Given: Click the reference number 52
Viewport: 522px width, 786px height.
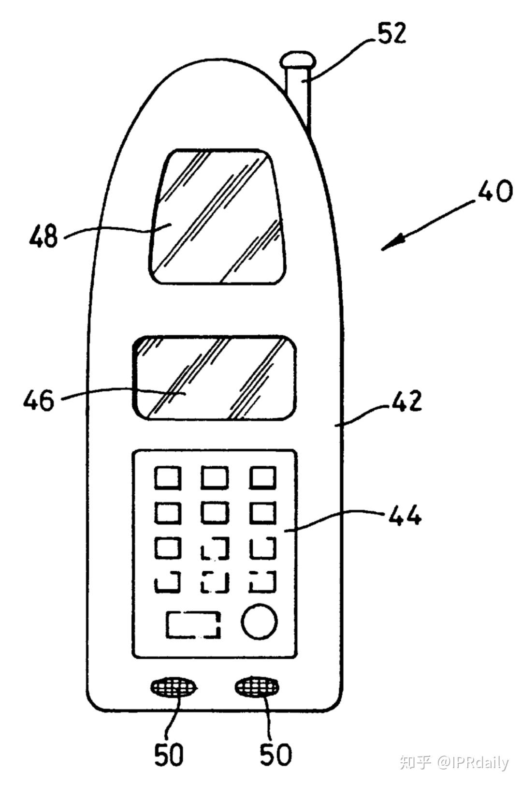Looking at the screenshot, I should pos(391,34).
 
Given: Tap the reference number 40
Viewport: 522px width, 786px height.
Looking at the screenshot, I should pos(494,192).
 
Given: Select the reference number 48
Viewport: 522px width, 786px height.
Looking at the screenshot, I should pos(43,237).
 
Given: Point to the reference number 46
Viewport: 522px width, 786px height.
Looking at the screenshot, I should pos(39,401).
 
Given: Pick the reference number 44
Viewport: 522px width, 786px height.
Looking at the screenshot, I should pos(404,516).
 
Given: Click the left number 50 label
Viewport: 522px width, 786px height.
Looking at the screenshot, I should pos(169,754).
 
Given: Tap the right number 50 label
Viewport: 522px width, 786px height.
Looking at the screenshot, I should pos(276,754).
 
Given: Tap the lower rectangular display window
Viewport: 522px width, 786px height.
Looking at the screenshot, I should pos(215,377).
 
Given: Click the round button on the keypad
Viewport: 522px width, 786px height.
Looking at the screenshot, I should pos(260,621).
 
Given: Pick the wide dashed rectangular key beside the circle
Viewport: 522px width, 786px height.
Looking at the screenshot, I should pos(193,624).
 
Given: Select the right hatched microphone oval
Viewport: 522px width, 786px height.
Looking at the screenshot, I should pos(257,687).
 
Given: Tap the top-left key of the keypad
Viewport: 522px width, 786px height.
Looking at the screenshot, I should pos(168,478).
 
